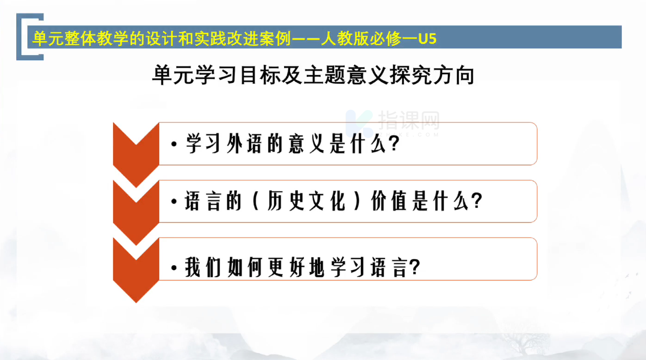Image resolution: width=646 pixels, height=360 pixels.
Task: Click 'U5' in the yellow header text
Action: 428,39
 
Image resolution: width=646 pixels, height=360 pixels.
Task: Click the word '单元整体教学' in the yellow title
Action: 80,39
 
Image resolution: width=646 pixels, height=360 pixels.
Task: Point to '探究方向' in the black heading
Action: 432,75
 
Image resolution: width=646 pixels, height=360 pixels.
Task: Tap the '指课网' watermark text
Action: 409,121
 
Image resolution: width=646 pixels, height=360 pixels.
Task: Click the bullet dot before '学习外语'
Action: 174,144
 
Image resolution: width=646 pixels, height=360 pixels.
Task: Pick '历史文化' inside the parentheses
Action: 306,201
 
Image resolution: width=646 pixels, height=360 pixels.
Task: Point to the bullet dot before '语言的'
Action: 174,202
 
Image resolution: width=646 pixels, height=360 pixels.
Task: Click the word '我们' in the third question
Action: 203,267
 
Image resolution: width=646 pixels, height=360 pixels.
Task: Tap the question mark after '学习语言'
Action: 415,267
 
